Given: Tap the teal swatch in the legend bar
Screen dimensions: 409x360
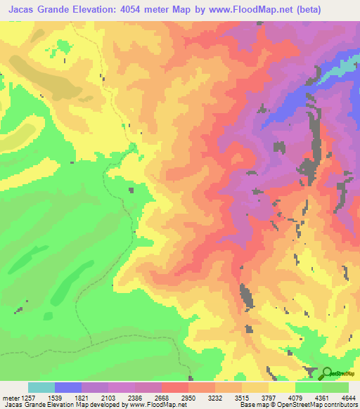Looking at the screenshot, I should point(41,387).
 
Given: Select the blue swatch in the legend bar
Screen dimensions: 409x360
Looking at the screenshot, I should point(68,387).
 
